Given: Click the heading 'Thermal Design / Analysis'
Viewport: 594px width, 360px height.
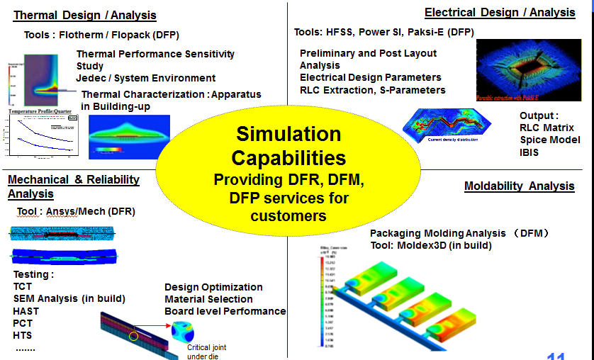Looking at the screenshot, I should point(85,15).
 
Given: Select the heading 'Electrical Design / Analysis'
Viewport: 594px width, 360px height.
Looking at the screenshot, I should point(500,12).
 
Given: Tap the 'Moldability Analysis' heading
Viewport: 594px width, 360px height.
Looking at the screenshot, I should point(519,186).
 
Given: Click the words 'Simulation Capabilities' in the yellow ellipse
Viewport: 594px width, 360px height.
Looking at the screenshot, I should point(288,145).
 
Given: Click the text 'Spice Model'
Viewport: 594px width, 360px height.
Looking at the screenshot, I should point(549,140).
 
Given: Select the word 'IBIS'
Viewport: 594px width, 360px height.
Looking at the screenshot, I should point(529,152).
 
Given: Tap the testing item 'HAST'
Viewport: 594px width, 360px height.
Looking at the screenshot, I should point(26,311).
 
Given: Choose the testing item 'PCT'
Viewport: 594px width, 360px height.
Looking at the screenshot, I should point(23,323).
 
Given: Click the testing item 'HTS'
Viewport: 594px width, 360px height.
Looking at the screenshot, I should point(23,335).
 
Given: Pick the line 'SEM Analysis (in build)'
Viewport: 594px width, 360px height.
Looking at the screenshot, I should point(69,298).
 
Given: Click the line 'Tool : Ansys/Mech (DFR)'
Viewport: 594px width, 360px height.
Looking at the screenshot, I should point(76,211).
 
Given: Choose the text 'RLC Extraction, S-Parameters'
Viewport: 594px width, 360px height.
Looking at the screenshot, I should point(372,90).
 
